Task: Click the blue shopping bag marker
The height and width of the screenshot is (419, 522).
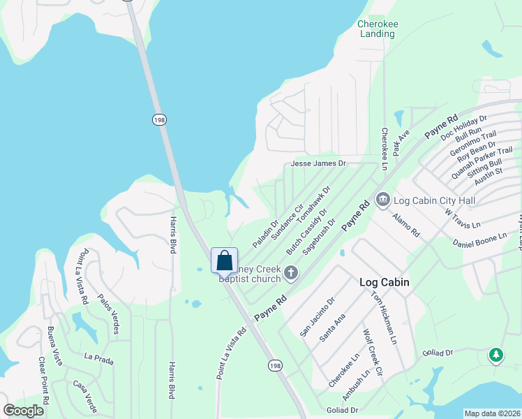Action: pos(224,260)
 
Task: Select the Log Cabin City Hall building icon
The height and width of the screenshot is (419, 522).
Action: pos(382,200)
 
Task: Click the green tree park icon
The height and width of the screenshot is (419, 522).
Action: pos(496,355)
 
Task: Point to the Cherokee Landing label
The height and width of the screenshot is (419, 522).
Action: pos(377,28)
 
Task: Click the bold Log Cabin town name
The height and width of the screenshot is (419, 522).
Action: pos(384,282)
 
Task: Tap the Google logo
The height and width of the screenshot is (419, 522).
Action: pos(23,410)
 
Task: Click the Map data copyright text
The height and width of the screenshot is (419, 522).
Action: pos(492,413)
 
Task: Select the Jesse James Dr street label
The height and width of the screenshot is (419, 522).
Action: pos(318,163)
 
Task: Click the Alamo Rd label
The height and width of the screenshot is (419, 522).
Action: pos(405,223)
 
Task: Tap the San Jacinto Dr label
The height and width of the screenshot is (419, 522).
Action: pos(318,316)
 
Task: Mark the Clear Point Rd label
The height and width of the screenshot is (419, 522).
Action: pos(43,381)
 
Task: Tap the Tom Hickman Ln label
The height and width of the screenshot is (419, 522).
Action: pos(383,317)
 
